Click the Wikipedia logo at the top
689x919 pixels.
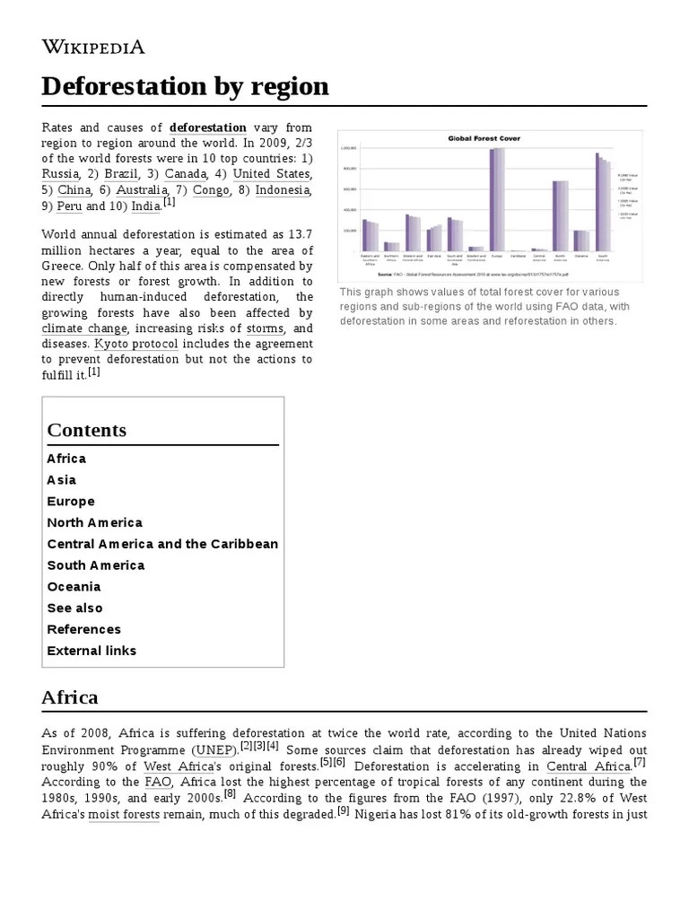pyautogui.click(x=93, y=47)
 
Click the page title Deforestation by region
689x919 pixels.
pyautogui.click(x=185, y=87)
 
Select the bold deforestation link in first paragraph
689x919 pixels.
pyautogui.click(x=207, y=127)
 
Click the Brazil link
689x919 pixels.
pyautogui.click(x=123, y=173)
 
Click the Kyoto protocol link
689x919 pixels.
pyautogui.click(x=135, y=344)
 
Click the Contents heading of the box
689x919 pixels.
pyautogui.click(x=87, y=430)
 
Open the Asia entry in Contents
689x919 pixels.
pyautogui.click(x=61, y=480)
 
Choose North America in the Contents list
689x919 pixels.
pyautogui.click(x=94, y=522)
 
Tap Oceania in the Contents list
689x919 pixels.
pyautogui.click(x=74, y=587)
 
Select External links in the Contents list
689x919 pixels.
pyautogui.click(x=92, y=651)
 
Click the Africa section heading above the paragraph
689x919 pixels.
pyautogui.click(x=70, y=697)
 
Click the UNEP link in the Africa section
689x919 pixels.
pyautogui.click(x=214, y=749)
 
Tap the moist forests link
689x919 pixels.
pyautogui.click(x=124, y=815)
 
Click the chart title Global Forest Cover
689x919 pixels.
pyautogui.click(x=484, y=138)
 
